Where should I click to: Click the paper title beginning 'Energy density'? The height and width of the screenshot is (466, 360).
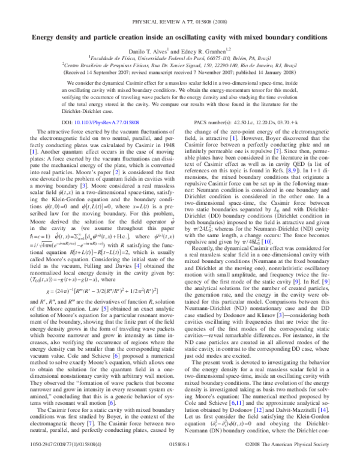point(179,37)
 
